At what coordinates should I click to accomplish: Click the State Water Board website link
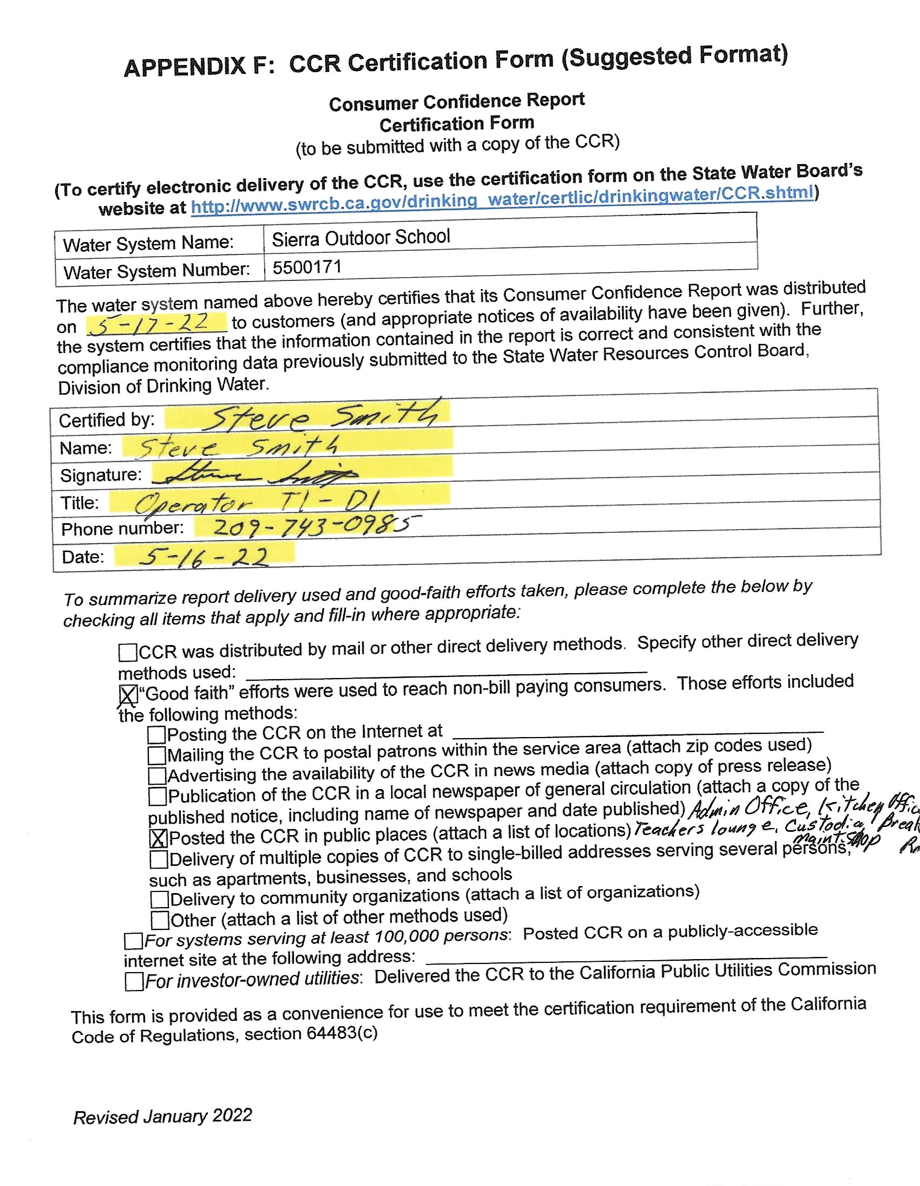coord(502,199)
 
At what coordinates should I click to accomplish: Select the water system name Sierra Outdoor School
coord(361,238)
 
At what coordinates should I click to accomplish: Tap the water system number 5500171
coord(307,267)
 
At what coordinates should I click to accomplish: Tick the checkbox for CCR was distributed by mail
coord(128,652)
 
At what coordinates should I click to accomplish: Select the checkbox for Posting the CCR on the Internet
coord(156,735)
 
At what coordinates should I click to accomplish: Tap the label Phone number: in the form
coord(123,529)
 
